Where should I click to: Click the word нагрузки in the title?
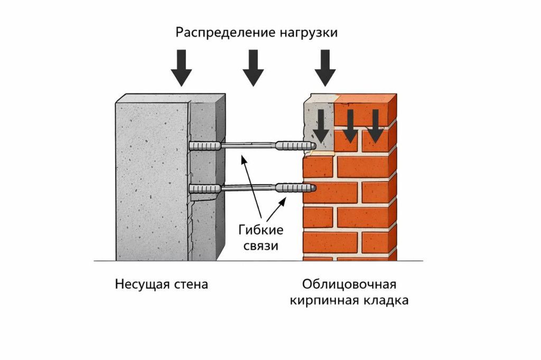coord(306,33)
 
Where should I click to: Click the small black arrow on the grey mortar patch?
coord(320,127)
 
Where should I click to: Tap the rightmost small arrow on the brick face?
coord(375,127)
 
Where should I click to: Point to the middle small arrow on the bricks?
coord(349,127)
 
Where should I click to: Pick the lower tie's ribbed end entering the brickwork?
coord(296,187)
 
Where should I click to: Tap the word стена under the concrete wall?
coord(191,285)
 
